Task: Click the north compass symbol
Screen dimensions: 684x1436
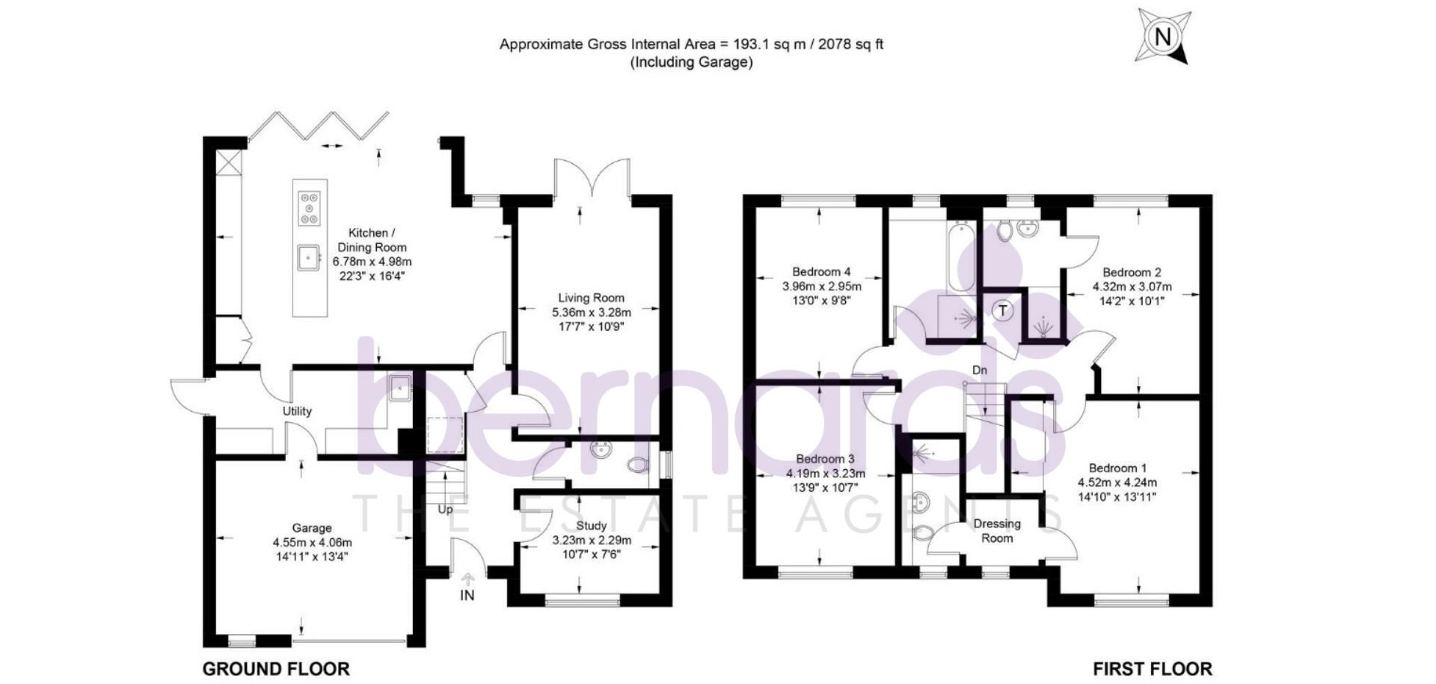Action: pos(1162,36)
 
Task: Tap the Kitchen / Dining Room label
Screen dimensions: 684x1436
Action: pos(372,240)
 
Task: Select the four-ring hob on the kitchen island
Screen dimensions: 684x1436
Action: pos(309,208)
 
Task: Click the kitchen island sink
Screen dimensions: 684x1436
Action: pos(307,257)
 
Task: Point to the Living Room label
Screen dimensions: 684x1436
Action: pos(591,298)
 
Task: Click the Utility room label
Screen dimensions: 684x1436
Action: pos(297,411)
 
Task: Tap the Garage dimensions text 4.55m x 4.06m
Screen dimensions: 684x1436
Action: pos(312,543)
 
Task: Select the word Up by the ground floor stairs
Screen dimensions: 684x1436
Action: pos(445,510)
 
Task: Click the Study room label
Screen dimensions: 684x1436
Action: pos(591,526)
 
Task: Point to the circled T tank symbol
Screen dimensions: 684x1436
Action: pos(1002,310)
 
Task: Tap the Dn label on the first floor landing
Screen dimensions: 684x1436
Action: pos(979,370)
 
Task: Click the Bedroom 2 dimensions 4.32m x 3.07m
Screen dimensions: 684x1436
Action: pos(1132,287)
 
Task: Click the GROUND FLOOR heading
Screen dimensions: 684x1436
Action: pos(276,668)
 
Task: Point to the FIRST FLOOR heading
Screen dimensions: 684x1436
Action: pos(1152,668)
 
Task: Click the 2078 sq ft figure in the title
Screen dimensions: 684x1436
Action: pos(850,44)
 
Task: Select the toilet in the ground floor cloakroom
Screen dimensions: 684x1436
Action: pos(636,465)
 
